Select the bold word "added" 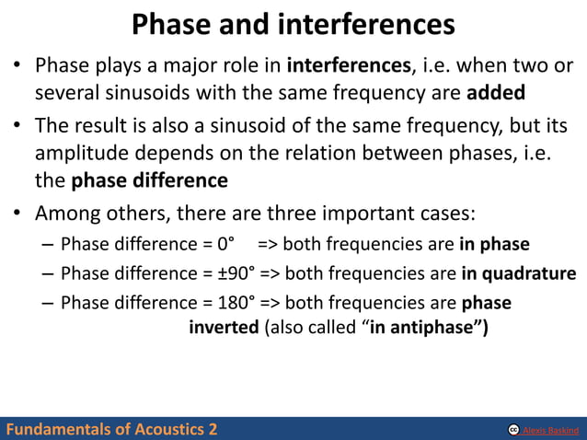point(497,93)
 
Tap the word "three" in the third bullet point(295,214)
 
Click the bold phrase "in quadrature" point(519,274)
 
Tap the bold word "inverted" point(224,329)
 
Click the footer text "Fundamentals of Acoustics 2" point(110,429)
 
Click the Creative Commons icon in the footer point(513,430)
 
